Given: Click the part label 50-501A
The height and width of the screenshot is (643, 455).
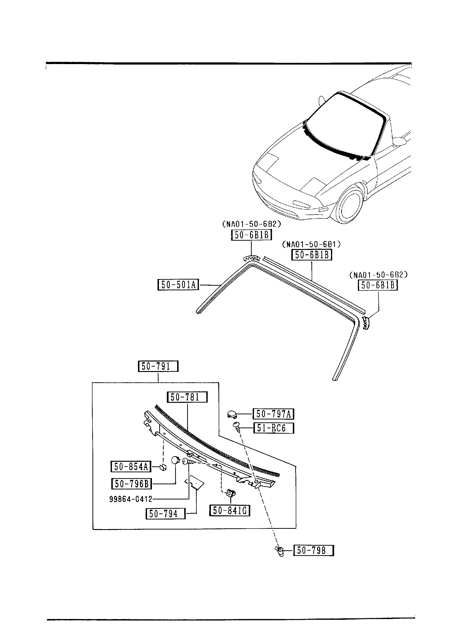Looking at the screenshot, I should [178, 285].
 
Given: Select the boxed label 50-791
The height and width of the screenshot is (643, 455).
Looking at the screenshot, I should [158, 366].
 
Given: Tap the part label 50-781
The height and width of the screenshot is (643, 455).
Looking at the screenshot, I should [187, 397].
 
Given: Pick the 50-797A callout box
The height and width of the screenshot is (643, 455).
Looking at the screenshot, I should [273, 414].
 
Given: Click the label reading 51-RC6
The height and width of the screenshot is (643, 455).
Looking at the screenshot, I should [273, 428].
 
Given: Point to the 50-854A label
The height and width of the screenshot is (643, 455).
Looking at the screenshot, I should [131, 467].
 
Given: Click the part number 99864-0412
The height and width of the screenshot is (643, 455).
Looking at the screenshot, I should [131, 499].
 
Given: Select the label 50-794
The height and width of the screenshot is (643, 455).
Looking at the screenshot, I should [165, 514].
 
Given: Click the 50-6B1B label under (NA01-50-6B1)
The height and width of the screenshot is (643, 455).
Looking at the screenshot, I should [312, 255].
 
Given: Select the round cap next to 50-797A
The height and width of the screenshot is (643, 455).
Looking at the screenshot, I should [232, 414].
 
